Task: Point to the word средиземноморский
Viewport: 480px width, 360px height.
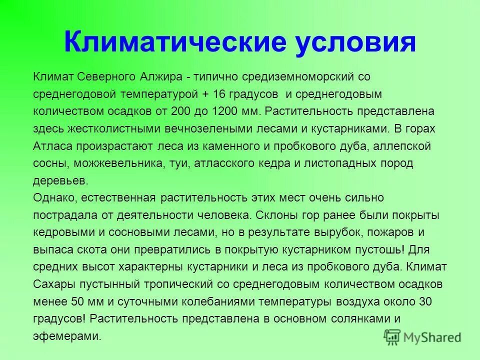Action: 300,76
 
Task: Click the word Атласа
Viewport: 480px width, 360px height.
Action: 52,146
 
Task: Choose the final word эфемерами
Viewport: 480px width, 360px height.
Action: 67,336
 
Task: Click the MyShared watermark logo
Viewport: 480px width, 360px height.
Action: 423,337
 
